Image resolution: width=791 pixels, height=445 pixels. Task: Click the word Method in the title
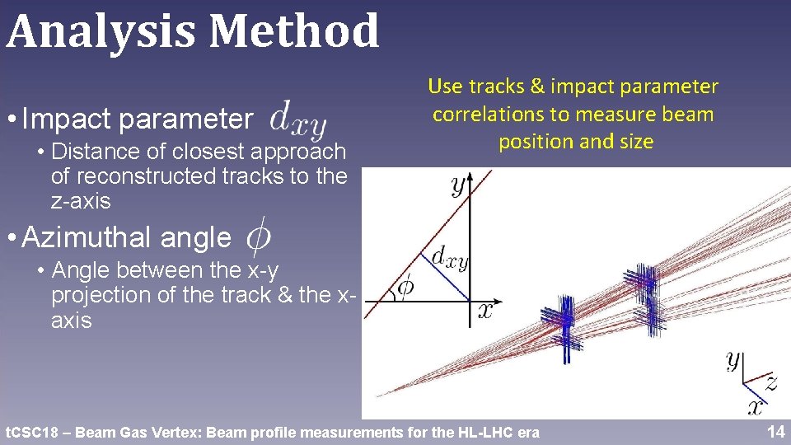294,31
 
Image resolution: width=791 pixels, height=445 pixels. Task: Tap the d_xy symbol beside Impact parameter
298,121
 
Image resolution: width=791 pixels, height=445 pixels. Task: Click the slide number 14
775,431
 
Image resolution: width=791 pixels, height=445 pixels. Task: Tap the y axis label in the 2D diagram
456,185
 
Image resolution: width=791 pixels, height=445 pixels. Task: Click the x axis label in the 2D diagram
486,310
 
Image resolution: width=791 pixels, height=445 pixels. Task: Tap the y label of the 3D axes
732,361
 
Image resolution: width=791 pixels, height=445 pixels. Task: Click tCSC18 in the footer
30,432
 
